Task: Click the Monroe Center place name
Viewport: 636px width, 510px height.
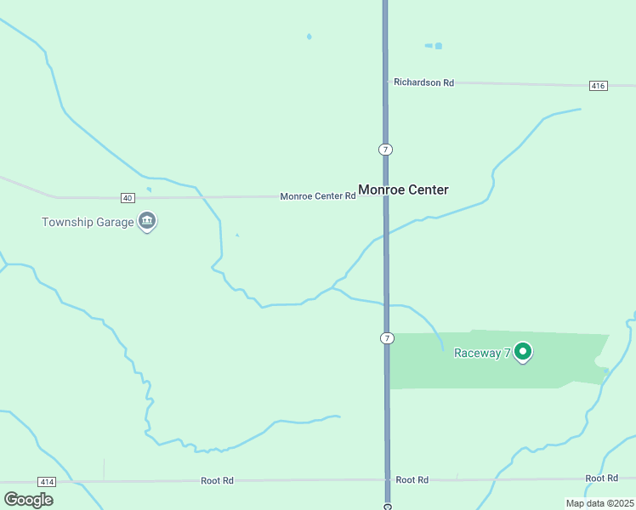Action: (403, 190)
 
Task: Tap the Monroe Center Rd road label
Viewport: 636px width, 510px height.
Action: (317, 196)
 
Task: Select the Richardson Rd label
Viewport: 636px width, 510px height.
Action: (423, 82)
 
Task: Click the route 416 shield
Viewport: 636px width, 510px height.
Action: (598, 86)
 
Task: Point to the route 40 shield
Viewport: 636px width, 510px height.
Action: (128, 197)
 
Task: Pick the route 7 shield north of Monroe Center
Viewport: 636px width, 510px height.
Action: (386, 150)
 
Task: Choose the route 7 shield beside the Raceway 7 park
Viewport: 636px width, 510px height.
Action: (387, 338)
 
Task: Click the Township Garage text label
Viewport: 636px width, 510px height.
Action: (88, 222)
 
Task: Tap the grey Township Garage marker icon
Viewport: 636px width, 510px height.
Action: (148, 221)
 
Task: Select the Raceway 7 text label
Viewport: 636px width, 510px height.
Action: (481, 353)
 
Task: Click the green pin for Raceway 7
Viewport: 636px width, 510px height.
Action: (524, 350)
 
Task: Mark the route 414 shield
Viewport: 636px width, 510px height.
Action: (47, 482)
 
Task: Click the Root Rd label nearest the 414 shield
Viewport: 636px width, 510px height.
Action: (217, 480)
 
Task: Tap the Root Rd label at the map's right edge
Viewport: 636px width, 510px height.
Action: (601, 479)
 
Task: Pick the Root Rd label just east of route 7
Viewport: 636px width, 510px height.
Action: (412, 480)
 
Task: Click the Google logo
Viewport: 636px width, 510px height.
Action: (28, 499)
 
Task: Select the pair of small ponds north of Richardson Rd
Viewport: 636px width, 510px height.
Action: (434, 46)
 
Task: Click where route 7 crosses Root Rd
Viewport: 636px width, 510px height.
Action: (387, 480)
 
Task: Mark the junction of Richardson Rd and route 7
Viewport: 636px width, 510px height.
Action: (386, 82)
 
